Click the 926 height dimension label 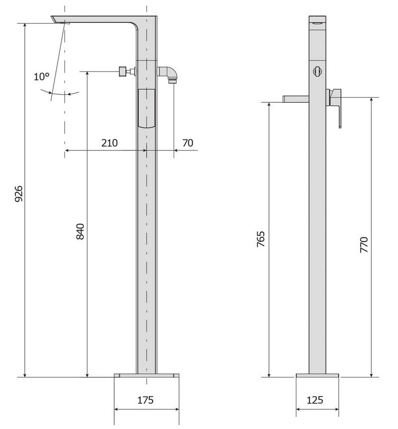(18, 194)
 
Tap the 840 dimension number (80, 231)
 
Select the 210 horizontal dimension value (109, 143)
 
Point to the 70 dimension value (188, 143)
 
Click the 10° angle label (42, 76)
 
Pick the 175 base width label (145, 400)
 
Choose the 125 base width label (315, 400)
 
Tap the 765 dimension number (261, 239)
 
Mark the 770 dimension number (364, 245)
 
